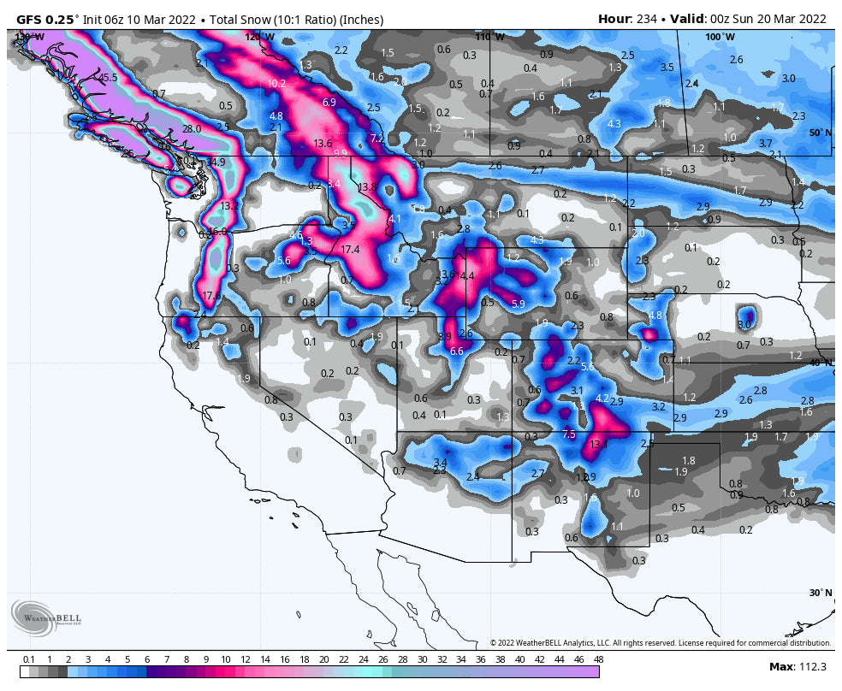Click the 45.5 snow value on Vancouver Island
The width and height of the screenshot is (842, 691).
tap(108, 78)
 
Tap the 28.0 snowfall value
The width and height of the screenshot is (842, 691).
tap(192, 129)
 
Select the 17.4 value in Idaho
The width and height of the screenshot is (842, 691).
tap(350, 250)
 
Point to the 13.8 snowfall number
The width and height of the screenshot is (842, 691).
tap(367, 187)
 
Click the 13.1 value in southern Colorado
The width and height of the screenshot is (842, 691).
tap(599, 445)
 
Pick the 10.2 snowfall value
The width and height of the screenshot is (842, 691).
tap(276, 84)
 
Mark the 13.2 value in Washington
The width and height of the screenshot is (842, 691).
tap(229, 206)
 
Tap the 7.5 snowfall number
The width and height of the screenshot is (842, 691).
tap(569, 434)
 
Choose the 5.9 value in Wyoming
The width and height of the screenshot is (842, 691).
tap(518, 304)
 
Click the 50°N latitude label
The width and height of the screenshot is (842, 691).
tap(819, 133)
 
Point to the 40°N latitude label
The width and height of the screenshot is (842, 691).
tap(820, 362)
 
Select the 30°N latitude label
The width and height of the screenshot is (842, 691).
tap(820, 593)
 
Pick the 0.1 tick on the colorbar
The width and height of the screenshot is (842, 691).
tap(29, 660)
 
